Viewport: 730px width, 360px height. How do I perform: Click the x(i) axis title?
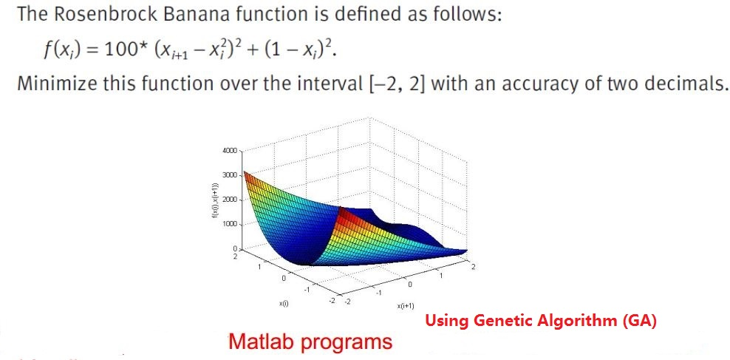pyautogui.click(x=284, y=303)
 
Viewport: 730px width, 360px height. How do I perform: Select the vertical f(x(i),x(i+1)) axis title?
pyautogui.click(x=214, y=200)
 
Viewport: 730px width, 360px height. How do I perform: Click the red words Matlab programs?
pyautogui.click(x=310, y=342)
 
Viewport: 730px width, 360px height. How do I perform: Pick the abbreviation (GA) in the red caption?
pyautogui.click(x=640, y=321)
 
